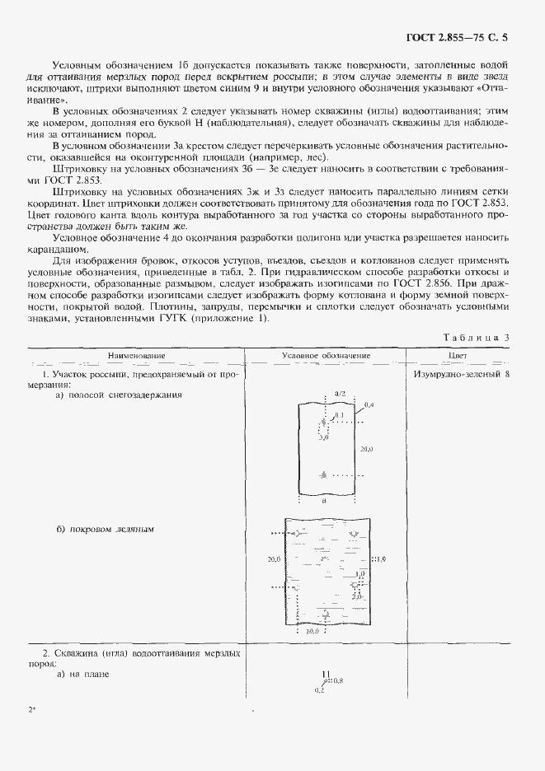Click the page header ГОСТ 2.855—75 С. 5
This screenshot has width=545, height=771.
(x=469, y=37)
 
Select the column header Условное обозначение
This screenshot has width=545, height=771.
(x=326, y=357)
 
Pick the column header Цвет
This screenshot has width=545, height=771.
(x=458, y=357)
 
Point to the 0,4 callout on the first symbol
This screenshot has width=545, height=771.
(x=369, y=405)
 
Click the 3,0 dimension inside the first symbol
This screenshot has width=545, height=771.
(x=323, y=440)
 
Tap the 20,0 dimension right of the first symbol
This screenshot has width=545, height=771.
(x=368, y=449)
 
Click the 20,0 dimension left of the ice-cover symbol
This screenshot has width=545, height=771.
(x=275, y=559)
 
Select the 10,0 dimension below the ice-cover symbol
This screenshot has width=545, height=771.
(x=312, y=632)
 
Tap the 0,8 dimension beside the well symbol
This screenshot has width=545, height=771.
(x=337, y=681)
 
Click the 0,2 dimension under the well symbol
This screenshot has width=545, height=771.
(x=319, y=689)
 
